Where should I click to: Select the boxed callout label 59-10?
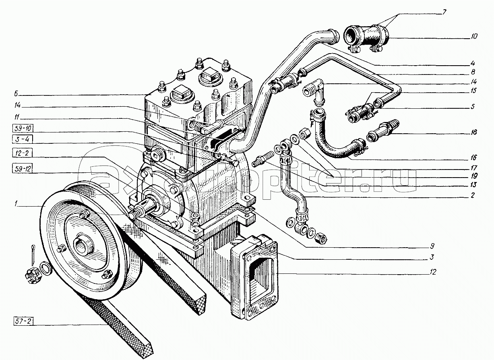click(23, 128)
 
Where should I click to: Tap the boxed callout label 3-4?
click(23, 139)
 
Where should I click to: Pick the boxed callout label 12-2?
click(22, 153)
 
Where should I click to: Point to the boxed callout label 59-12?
click(23, 169)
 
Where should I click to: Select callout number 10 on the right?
click(474, 36)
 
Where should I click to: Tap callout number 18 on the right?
click(473, 132)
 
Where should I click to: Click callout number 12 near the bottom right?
click(433, 272)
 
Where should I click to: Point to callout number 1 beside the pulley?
click(16, 204)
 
